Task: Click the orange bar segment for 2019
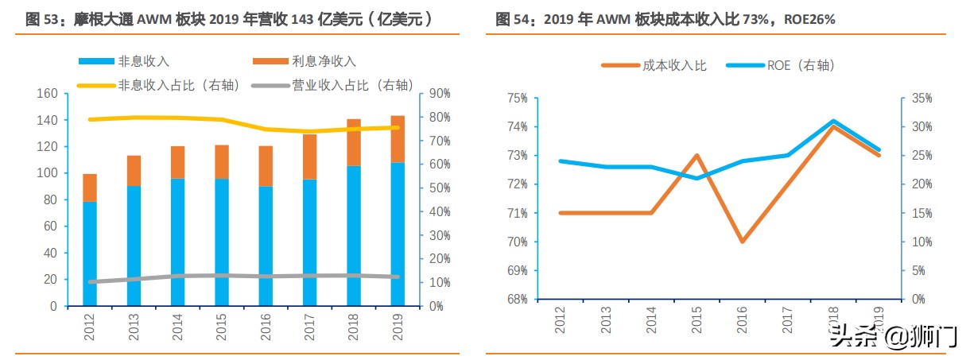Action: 397,139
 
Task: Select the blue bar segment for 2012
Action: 90,254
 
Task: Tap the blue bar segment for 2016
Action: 266,246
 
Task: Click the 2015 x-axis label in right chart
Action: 696,319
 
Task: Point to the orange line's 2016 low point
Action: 742,241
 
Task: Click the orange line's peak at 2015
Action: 696,155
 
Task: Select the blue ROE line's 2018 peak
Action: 833,121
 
